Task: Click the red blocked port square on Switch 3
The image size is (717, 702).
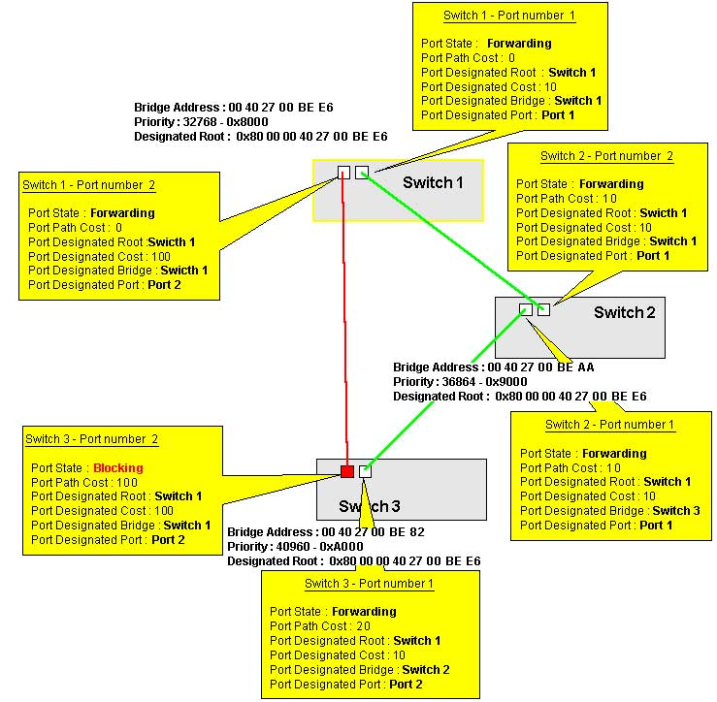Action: [x=347, y=471]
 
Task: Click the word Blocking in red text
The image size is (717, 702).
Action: [x=117, y=467]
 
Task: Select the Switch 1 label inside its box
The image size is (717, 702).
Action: [x=434, y=182]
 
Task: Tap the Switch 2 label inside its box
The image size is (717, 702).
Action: [x=624, y=312]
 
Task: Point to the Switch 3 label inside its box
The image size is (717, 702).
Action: [x=369, y=506]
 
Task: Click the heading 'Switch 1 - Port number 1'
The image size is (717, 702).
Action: [x=509, y=16]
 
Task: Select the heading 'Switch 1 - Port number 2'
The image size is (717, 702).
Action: [x=88, y=184]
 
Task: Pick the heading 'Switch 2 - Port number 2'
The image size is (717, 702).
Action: [x=606, y=155]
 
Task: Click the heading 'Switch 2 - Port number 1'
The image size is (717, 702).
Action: [x=610, y=425]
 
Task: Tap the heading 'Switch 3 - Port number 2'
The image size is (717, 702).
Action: [x=91, y=439]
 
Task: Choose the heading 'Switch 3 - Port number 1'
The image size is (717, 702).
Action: [x=369, y=584]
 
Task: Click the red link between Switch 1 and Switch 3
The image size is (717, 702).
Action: [x=343, y=320]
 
